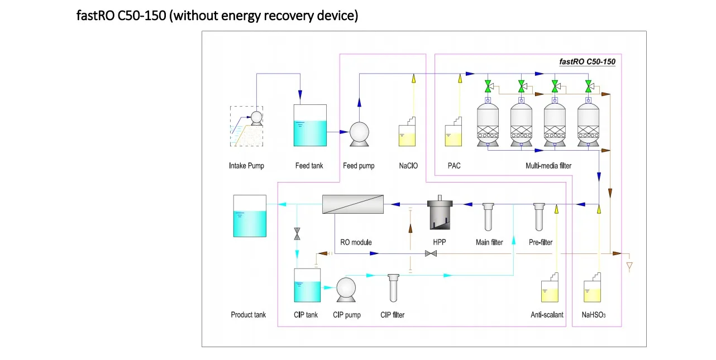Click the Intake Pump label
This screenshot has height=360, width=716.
pos(246,166)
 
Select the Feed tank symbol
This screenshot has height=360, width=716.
pos(310,126)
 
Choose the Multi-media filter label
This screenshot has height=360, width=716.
pos(548,166)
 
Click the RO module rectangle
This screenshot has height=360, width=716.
pos(353,204)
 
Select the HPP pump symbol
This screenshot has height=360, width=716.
pos(439,214)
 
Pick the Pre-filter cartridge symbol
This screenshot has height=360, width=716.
pos(540,217)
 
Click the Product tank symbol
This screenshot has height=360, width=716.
pos(250,216)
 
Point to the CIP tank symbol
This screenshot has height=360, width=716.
pos(307,285)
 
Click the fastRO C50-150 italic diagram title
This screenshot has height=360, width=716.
pos(587,62)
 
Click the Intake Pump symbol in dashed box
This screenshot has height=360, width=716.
pos(247,126)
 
